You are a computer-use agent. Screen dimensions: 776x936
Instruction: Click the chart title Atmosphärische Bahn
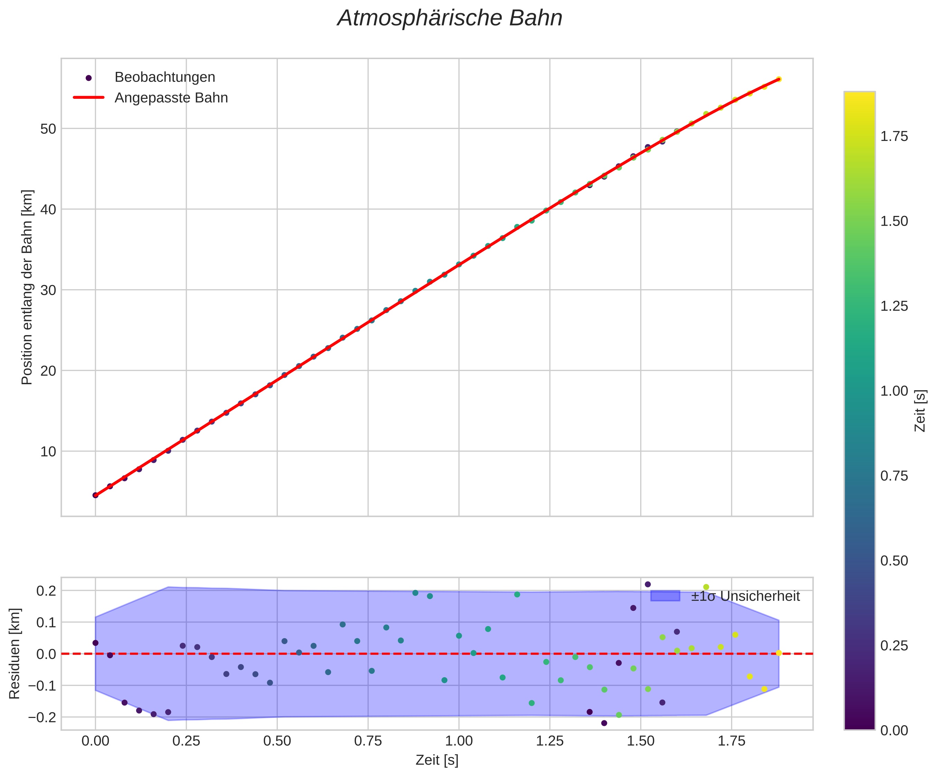(450, 18)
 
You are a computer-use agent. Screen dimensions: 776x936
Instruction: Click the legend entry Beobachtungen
(165, 77)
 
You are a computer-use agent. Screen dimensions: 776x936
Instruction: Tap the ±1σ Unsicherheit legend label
(745, 596)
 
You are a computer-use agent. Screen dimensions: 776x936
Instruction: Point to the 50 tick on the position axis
(48, 129)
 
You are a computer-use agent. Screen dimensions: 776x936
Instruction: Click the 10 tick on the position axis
(48, 451)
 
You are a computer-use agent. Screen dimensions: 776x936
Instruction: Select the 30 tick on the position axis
(48, 290)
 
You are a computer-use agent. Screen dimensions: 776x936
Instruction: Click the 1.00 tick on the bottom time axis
(459, 742)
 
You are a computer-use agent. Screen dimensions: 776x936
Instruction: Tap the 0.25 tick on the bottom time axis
(186, 742)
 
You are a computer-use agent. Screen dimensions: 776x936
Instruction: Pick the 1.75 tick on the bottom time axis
(731, 742)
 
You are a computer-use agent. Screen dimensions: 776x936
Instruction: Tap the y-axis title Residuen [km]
(15, 653)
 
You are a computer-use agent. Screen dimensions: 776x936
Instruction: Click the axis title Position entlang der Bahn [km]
(27, 287)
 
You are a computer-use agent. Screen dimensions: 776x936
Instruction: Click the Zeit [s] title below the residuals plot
(437, 760)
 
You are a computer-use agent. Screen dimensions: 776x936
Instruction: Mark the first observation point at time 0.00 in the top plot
(95, 495)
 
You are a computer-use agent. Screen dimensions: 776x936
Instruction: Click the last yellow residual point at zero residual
(779, 653)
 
